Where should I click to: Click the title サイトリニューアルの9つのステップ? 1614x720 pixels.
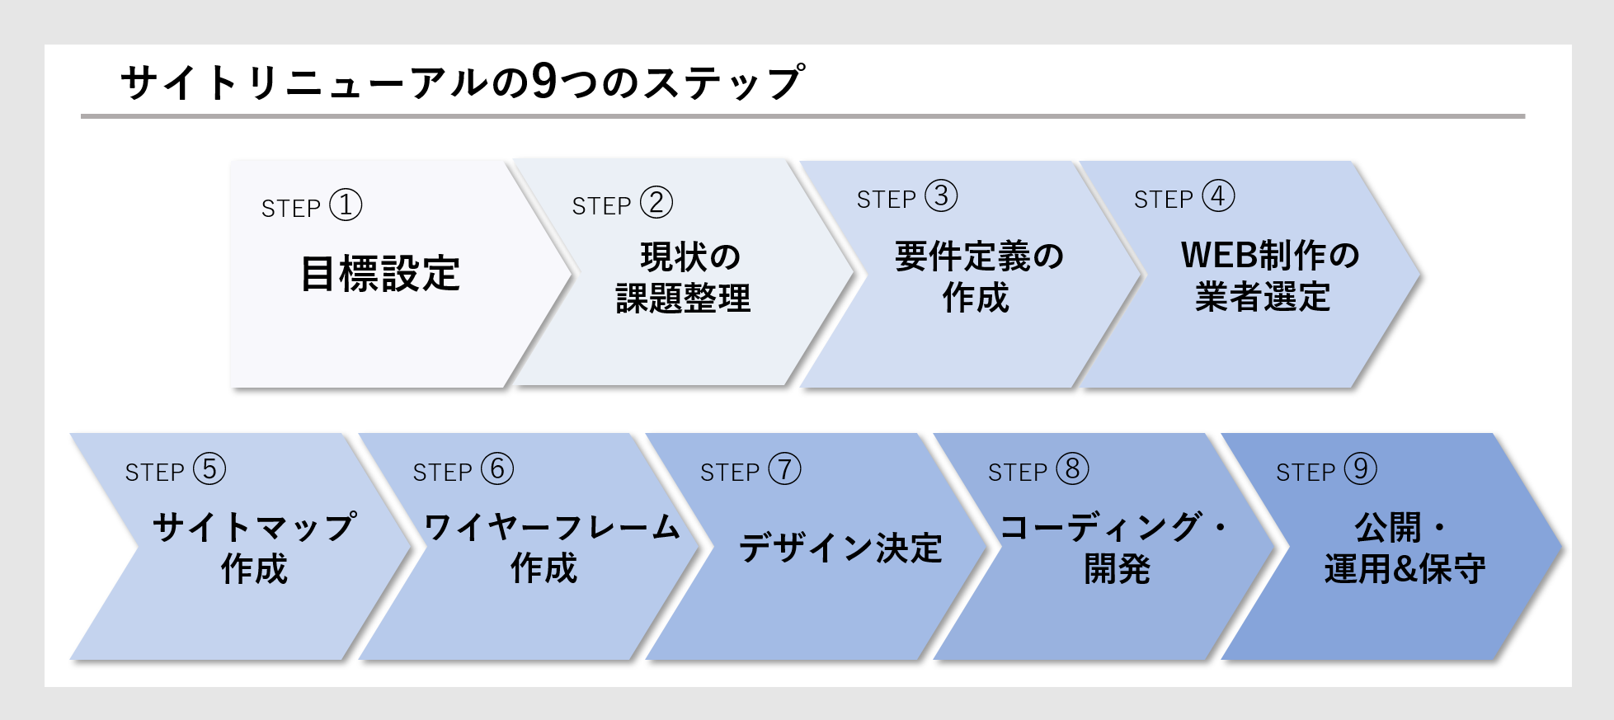click(462, 82)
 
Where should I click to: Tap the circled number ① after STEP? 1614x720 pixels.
click(346, 205)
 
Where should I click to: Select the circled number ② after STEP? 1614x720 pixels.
click(656, 203)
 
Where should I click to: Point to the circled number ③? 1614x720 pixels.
click(941, 196)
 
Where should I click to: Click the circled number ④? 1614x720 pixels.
click(1218, 196)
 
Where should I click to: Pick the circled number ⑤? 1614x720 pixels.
click(209, 469)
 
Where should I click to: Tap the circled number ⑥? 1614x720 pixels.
click(497, 469)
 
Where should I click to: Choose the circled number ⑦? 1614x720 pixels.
click(784, 469)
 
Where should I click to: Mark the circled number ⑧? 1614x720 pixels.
click(1072, 469)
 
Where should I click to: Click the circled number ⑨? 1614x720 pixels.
click(1360, 469)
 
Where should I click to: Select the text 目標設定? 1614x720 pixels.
click(380, 274)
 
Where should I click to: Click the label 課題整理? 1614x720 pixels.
click(683, 299)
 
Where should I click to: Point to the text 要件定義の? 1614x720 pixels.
click(979, 256)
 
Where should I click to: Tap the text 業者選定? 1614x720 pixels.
click(1263, 297)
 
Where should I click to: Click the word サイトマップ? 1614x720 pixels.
click(255, 527)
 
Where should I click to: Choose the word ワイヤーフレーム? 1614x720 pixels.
click(552, 527)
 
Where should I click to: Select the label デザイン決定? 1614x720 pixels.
click(840, 548)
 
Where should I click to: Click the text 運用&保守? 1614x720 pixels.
click(1405, 569)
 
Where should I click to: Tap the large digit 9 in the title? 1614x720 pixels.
click(544, 82)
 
